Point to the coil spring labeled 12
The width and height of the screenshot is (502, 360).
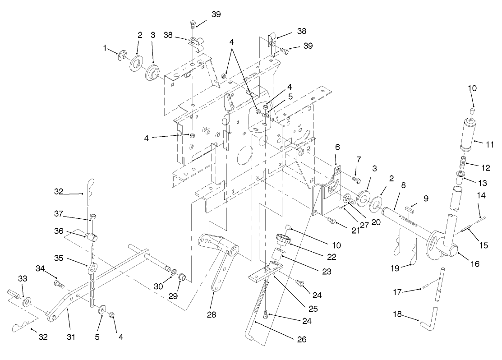click(463, 161)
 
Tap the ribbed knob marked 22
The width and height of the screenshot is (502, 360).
click(283, 238)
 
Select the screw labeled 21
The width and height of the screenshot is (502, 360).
click(332, 221)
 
